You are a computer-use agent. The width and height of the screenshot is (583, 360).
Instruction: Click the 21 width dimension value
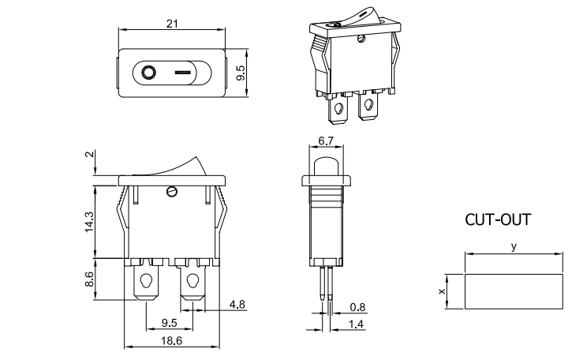(172, 24)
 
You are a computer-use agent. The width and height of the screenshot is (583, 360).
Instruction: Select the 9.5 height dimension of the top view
(241, 74)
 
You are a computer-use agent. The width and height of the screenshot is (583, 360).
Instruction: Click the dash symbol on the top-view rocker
(183, 75)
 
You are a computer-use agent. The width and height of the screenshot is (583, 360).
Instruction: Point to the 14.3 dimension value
(89, 221)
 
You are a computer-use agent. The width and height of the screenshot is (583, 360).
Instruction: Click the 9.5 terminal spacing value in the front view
(169, 322)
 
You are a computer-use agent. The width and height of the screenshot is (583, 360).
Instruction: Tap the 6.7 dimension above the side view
(326, 141)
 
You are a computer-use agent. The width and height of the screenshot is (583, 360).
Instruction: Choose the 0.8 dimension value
(357, 307)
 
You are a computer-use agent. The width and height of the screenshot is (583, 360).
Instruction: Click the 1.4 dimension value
(357, 324)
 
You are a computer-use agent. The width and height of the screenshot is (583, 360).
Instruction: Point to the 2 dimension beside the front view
(89, 155)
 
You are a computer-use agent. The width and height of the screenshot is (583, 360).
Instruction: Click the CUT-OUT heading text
(497, 220)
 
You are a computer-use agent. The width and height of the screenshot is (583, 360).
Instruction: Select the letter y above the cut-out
(514, 247)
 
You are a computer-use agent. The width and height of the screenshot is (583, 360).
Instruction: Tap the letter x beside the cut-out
(442, 291)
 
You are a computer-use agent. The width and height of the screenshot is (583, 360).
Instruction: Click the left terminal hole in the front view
(146, 280)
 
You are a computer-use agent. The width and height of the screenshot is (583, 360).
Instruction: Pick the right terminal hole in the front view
(192, 280)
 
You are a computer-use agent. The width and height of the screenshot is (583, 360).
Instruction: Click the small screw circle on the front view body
(172, 190)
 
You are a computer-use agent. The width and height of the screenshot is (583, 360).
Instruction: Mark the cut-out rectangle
(514, 291)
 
